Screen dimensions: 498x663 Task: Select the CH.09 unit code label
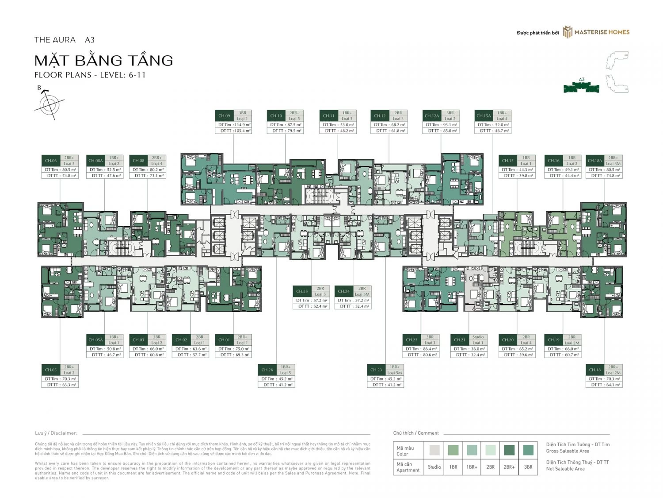(224, 116)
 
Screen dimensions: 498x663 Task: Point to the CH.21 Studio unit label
(460, 340)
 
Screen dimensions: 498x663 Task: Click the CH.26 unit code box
(267, 370)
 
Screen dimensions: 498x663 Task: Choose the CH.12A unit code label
(431, 116)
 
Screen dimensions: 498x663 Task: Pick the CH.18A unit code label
(594, 161)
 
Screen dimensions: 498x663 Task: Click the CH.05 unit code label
(51, 370)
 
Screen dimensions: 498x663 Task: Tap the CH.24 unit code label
(343, 291)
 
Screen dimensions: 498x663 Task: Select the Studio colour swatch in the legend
(434, 450)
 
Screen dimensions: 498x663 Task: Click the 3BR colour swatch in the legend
(528, 450)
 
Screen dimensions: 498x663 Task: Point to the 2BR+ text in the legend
(509, 467)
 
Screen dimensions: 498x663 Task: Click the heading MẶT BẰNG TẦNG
(104, 60)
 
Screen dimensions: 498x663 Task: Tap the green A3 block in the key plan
(581, 88)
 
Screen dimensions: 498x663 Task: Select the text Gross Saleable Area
(568, 451)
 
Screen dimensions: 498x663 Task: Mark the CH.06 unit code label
(51, 161)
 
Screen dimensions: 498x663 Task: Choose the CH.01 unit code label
(224, 340)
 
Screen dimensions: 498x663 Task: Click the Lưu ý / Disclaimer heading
(56, 433)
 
